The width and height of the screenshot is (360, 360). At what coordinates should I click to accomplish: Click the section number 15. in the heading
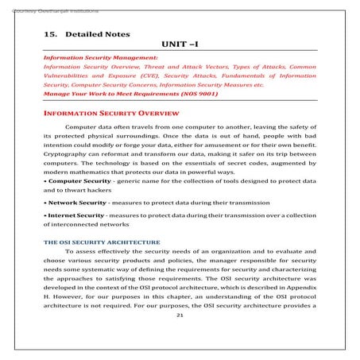click(50, 35)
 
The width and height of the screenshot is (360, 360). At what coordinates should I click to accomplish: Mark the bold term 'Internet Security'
click(77, 238)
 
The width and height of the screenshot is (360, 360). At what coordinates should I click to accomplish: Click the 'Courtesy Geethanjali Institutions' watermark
click(36, 5)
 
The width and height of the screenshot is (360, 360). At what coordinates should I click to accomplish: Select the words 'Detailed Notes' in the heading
click(96, 35)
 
